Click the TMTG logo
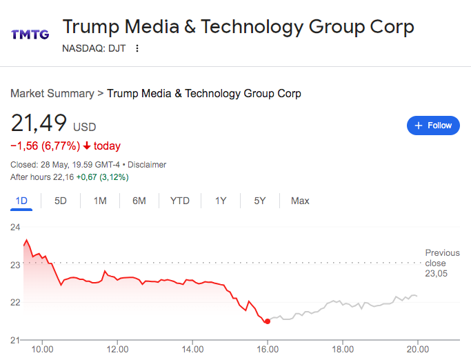[x=30, y=34]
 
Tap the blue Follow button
[x=433, y=126]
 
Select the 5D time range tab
[x=61, y=201]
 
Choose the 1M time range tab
[x=100, y=201]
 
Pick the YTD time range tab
[x=180, y=201]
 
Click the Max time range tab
[x=300, y=201]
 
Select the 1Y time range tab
[x=221, y=201]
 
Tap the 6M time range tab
[x=139, y=201]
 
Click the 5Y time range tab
[x=259, y=201]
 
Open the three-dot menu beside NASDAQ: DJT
[x=137, y=48]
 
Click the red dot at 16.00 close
[x=268, y=321]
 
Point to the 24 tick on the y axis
[x=15, y=226]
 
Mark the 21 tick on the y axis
[x=15, y=340]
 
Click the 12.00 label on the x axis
[x=117, y=350]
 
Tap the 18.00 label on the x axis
[x=343, y=350]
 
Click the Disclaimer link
[x=148, y=165]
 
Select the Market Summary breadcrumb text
[x=52, y=93]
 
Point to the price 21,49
[x=39, y=124]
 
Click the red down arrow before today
[x=87, y=146]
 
